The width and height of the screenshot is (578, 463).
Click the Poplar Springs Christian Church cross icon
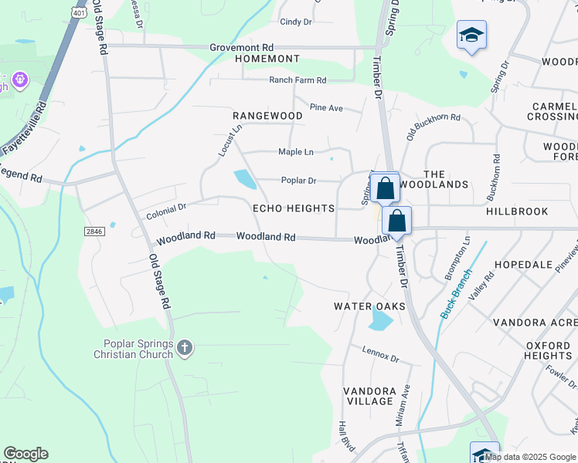click(184, 348)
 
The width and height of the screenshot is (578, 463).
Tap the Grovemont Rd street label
click(242, 47)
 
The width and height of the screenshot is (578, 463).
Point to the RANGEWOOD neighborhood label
click(268, 116)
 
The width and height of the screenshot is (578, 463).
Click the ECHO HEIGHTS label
click(294, 208)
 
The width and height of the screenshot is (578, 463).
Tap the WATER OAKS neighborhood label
click(369, 306)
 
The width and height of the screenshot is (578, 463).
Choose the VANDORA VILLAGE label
click(369, 396)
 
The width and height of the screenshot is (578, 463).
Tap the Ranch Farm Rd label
click(297, 80)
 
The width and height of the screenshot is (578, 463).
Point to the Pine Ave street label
click(326, 108)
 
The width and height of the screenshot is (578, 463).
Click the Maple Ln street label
click(296, 152)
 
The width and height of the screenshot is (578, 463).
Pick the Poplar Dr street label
click(298, 181)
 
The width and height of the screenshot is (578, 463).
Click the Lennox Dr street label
click(380, 355)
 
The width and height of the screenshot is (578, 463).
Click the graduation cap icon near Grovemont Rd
click(471, 35)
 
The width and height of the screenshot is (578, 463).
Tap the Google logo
click(25, 454)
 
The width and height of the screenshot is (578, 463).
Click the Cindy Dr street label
click(295, 22)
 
